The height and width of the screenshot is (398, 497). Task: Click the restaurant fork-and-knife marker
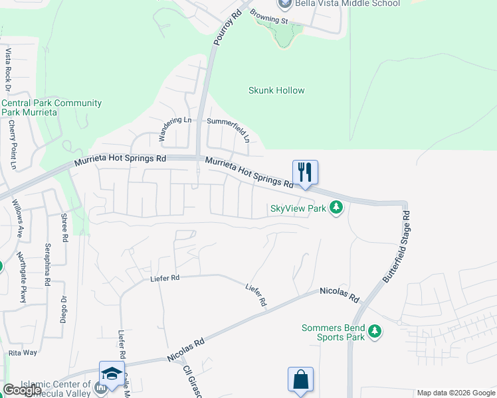(x=305, y=172)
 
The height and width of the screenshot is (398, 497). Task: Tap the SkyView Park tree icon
(x=337, y=208)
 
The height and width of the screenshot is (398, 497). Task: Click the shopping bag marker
(x=300, y=379)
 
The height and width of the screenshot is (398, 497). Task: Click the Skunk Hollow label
(x=276, y=90)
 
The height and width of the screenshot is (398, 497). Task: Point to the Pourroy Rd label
(x=227, y=27)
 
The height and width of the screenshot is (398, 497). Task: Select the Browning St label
(x=272, y=21)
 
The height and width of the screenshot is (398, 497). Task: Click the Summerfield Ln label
(x=227, y=122)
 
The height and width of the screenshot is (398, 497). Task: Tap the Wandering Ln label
(x=174, y=130)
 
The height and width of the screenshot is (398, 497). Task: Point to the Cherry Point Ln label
(x=12, y=145)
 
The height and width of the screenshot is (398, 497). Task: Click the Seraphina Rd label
(x=48, y=264)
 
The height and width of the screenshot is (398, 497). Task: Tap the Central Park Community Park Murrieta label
(x=51, y=107)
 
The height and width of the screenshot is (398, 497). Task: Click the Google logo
(x=22, y=389)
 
